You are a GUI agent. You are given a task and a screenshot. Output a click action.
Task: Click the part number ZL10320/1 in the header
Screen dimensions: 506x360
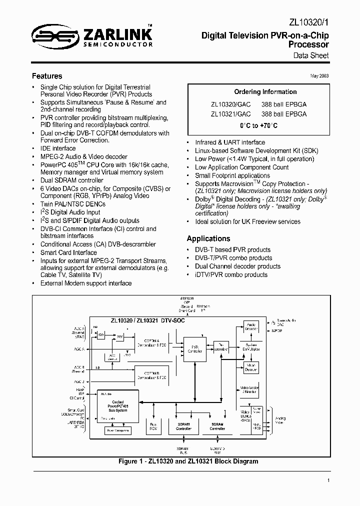(x=309, y=22)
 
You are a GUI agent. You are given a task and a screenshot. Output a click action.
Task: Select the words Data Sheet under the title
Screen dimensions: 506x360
(x=311, y=55)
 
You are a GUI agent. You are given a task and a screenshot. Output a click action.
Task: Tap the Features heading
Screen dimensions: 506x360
(x=47, y=76)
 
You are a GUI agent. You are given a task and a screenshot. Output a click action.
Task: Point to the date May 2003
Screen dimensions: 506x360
(x=318, y=76)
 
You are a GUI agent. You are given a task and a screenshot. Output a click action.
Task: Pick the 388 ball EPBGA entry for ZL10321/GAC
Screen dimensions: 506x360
(x=284, y=114)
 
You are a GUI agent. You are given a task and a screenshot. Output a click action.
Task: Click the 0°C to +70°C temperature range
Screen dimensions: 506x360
(x=258, y=125)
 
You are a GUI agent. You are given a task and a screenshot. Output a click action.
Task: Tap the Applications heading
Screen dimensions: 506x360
(x=208, y=238)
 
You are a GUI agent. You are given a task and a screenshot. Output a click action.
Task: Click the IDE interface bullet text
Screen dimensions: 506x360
(x=58, y=148)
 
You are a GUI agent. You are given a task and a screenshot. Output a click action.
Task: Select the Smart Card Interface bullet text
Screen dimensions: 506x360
(x=68, y=252)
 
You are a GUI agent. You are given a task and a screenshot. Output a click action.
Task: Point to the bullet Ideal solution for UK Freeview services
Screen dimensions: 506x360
(x=247, y=221)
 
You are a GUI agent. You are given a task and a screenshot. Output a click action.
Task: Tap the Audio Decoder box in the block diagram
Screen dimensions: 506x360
(x=251, y=326)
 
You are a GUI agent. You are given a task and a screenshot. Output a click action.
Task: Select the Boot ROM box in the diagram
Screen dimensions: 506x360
(x=153, y=426)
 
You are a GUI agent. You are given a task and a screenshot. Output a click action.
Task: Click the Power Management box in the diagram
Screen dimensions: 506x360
(x=116, y=430)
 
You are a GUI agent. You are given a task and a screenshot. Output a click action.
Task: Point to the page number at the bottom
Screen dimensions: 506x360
(x=328, y=480)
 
